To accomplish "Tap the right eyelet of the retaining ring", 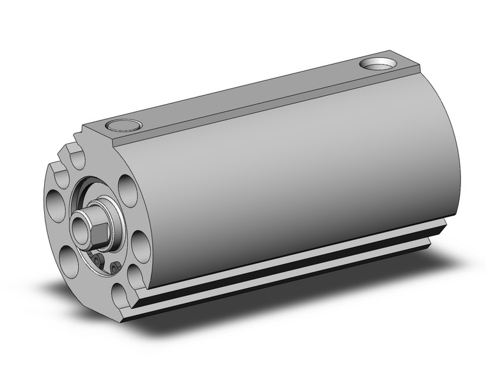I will [x=116, y=267].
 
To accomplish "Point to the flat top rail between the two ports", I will [x=243, y=96].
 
